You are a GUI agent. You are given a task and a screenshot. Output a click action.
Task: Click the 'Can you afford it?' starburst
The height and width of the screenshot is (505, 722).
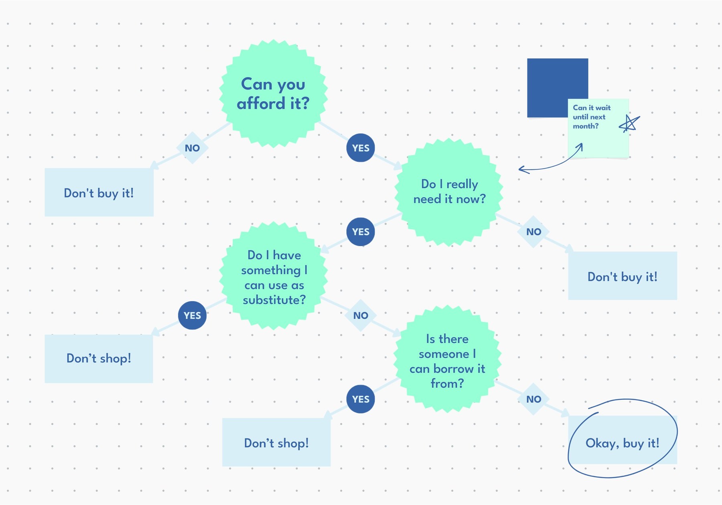[273, 94]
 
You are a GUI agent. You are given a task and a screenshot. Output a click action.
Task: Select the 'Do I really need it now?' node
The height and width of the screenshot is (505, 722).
[449, 192]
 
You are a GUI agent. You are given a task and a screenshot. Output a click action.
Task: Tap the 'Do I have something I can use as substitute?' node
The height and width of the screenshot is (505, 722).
[274, 277]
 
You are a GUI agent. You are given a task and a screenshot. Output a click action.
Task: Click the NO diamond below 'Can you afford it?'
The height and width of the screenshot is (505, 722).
[192, 148]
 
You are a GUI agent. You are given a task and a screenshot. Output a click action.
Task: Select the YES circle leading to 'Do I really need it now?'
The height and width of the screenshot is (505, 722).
[361, 148]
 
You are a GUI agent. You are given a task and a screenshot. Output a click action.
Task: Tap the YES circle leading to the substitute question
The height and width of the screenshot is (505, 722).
[361, 232]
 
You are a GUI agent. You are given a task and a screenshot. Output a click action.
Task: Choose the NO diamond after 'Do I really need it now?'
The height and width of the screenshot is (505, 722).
[533, 232]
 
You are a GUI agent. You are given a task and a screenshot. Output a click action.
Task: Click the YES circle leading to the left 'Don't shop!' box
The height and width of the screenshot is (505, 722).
[192, 316]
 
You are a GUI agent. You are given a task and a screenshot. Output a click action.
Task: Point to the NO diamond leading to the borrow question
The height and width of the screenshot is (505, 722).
[361, 316]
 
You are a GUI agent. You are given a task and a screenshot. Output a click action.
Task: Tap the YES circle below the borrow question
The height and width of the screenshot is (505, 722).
[361, 399]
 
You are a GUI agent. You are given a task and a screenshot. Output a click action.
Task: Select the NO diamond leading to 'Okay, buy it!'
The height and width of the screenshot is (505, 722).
[533, 399]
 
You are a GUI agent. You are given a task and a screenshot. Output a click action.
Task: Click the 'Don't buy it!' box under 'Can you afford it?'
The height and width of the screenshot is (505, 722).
[99, 193]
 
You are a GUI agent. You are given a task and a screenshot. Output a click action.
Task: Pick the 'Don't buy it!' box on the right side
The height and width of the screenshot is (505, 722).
[622, 276]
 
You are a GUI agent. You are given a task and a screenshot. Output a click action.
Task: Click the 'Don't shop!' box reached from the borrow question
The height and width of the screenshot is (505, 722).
[276, 442]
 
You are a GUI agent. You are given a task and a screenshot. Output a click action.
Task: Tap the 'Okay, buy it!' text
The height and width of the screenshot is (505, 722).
[622, 443]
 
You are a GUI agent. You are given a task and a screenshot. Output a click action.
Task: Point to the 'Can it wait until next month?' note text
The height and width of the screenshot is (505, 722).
[591, 117]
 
